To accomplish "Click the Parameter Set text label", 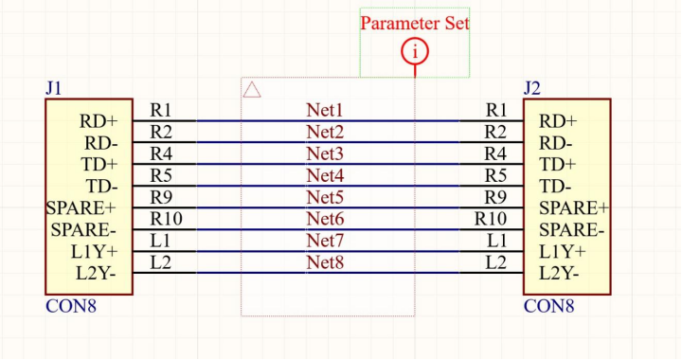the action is pyautogui.click(x=415, y=23).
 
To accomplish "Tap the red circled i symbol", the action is pyautogui.click(x=415, y=52).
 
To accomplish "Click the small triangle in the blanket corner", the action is pyautogui.click(x=252, y=90).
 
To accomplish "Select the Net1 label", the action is pyautogui.click(x=325, y=110).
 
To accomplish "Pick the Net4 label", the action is pyautogui.click(x=325, y=175).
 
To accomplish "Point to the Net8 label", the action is pyautogui.click(x=325, y=262).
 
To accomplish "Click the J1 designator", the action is pyautogui.click(x=53, y=88).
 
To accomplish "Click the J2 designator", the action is pyautogui.click(x=532, y=88).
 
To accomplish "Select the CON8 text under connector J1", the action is pyautogui.click(x=71, y=306).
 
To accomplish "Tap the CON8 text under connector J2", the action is pyautogui.click(x=548, y=306).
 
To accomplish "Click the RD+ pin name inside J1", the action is pyautogui.click(x=99, y=121).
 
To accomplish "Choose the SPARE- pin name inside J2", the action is pyautogui.click(x=572, y=230).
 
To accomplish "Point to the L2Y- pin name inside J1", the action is pyautogui.click(x=96, y=274).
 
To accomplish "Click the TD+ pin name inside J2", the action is pyautogui.click(x=558, y=165).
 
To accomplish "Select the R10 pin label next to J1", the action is pyautogui.click(x=166, y=219).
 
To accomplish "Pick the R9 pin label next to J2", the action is pyautogui.click(x=495, y=197).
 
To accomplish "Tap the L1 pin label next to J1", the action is pyautogui.click(x=160, y=241).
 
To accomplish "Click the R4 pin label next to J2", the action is pyautogui.click(x=495, y=153).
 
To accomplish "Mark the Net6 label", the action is pyautogui.click(x=325, y=219).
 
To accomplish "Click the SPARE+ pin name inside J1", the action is pyautogui.click(x=81, y=208).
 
